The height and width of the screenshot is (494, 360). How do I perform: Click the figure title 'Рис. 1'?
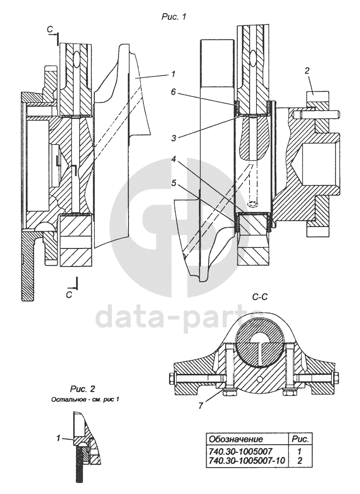174,17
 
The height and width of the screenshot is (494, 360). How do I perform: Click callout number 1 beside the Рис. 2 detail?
58,438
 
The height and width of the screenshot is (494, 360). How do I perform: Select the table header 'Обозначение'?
236,439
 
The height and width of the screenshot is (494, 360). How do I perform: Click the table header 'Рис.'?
301,439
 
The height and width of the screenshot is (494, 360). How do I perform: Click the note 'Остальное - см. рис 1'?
85,399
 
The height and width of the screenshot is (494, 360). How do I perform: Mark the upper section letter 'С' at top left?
50,29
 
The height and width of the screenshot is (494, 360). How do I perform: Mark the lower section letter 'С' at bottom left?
69,295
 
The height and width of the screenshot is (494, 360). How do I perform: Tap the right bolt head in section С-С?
336,378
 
